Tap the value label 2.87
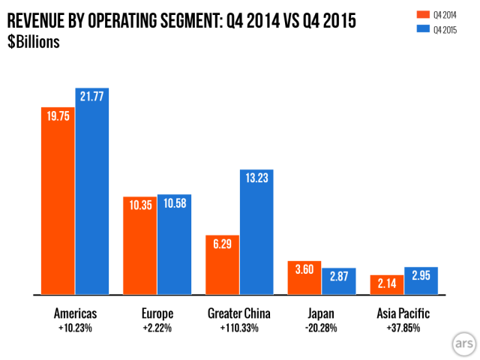coord(339,276)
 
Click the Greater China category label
coord(238,313)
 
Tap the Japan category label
coord(322,313)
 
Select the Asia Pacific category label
coord(403,313)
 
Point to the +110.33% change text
coord(238,328)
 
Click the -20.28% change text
coord(322,328)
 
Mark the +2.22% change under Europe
coord(157,328)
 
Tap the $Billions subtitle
coord(33,41)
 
